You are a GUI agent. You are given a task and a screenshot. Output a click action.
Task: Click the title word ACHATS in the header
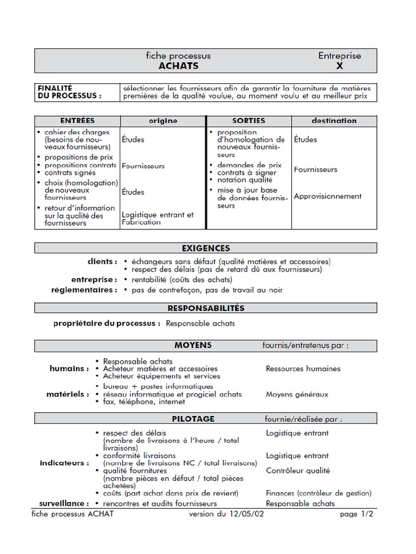pyautogui.click(x=178, y=66)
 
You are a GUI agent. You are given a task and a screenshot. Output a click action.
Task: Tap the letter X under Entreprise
pyautogui.click(x=340, y=66)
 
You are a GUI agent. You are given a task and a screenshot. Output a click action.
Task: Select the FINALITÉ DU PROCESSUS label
pyautogui.click(x=69, y=92)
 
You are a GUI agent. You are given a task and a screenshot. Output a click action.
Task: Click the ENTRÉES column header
pyautogui.click(x=77, y=121)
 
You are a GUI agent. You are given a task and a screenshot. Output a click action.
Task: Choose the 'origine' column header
pyautogui.click(x=163, y=121)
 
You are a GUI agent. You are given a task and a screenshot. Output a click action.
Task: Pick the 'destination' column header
pyautogui.click(x=334, y=121)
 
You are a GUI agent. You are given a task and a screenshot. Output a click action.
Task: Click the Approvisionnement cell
pyautogui.click(x=327, y=196)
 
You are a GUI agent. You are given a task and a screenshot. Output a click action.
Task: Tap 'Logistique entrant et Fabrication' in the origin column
pyautogui.click(x=157, y=219)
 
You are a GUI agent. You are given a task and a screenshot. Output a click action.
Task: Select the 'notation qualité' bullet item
pyautogui.click(x=245, y=180)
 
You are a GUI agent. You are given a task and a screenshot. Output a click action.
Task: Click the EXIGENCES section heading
pyautogui.click(x=206, y=248)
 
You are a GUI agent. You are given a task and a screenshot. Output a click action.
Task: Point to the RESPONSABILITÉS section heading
pyautogui.click(x=206, y=308)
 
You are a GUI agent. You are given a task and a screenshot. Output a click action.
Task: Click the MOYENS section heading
pyautogui.click(x=193, y=345)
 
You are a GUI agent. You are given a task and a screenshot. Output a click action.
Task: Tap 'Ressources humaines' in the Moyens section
pyautogui.click(x=303, y=368)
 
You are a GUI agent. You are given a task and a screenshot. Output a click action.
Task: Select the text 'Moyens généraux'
pyautogui.click(x=297, y=394)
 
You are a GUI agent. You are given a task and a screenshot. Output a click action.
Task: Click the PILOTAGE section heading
pyautogui.click(x=193, y=419)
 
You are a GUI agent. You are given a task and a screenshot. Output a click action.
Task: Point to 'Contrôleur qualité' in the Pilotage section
pyautogui.click(x=298, y=471)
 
